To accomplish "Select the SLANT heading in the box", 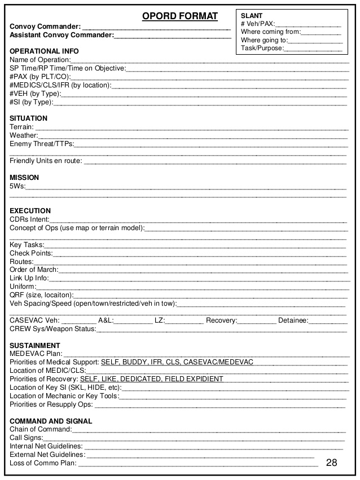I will click(x=251, y=16).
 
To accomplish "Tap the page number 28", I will click(x=331, y=463).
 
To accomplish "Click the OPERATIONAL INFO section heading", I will click(x=44, y=51).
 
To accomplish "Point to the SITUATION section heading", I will click(x=29, y=118).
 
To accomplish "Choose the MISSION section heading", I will click(x=24, y=178).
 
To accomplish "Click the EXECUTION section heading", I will click(x=30, y=211).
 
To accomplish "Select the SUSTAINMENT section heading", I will click(x=35, y=345).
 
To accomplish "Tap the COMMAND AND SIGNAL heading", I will click(x=51, y=421).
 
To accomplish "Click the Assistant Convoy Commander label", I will click(x=62, y=36).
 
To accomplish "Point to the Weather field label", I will click(x=23, y=135).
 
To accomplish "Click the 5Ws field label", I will click(x=17, y=186).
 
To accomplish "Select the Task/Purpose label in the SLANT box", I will click(x=262, y=49).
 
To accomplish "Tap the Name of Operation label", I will click(x=39, y=60).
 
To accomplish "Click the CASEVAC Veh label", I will click(x=34, y=320).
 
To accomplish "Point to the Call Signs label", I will click(x=26, y=438).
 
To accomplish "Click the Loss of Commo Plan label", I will click(x=43, y=464).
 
